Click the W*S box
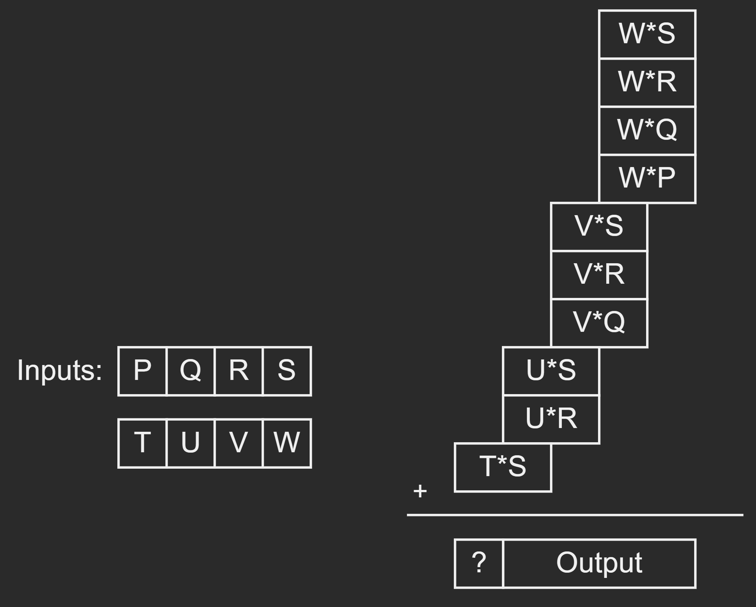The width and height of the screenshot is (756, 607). click(647, 34)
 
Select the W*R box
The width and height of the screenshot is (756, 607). click(647, 82)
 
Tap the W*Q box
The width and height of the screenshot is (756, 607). click(647, 130)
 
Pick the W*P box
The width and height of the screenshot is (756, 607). click(647, 179)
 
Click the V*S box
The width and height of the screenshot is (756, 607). click(599, 227)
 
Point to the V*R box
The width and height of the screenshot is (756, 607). click(599, 275)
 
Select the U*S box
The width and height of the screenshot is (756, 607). click(551, 371)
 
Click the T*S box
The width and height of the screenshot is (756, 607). click(503, 467)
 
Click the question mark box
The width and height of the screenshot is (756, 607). click(479, 563)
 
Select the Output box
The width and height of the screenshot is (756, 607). click(599, 563)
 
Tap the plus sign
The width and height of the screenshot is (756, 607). click(420, 491)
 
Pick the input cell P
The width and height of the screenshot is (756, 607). click(142, 371)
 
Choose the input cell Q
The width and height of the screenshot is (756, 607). click(190, 371)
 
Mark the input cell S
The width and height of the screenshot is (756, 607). click(287, 371)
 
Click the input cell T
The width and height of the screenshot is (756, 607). click(142, 443)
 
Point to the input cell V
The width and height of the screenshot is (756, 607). click(238, 443)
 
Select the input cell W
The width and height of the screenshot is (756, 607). click(287, 443)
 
